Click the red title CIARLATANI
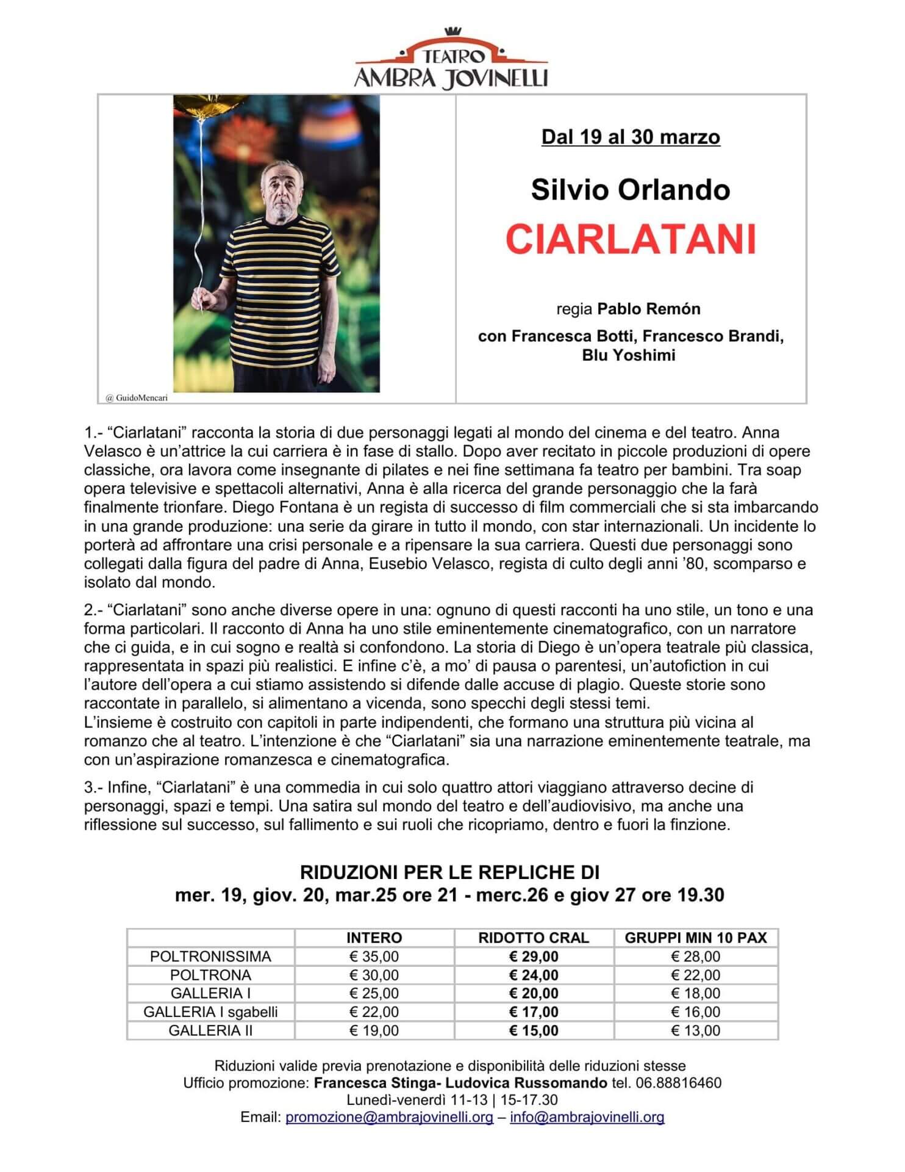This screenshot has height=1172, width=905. tap(631, 239)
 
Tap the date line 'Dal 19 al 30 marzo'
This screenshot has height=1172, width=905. tap(631, 137)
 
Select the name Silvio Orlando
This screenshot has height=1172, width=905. tap(631, 190)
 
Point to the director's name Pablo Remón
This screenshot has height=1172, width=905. tap(648, 309)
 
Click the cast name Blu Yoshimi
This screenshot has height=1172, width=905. tap(628, 355)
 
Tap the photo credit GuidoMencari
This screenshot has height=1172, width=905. tap(137, 398)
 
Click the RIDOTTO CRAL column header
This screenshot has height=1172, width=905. tap(534, 938)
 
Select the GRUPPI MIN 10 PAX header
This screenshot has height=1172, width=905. tap(695, 938)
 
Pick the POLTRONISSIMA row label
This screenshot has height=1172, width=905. tap(210, 957)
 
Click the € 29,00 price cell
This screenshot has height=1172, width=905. tap(534, 957)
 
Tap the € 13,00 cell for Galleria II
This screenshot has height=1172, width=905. tap(695, 1031)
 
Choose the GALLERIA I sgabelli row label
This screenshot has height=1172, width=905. tap(210, 1012)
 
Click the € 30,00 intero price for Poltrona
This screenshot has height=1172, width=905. tap(374, 975)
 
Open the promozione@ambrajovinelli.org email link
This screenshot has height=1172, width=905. tap(389, 1118)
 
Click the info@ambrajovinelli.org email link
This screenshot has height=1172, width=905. tap(587, 1118)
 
